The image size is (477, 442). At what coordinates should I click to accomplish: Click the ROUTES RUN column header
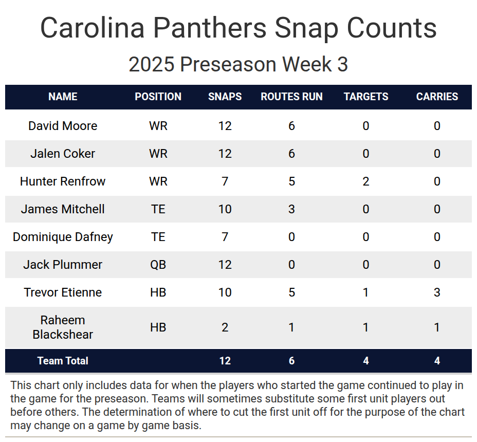[x=291, y=97]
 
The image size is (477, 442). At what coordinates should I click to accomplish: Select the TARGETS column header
[x=366, y=97]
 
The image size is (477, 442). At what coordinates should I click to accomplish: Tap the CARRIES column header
[x=437, y=97]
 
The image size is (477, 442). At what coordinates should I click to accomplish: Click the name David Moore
[x=63, y=126]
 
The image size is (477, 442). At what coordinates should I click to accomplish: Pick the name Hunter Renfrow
[x=63, y=181]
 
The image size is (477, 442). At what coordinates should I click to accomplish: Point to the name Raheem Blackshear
[x=63, y=327]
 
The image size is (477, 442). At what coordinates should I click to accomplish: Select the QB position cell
[x=158, y=265]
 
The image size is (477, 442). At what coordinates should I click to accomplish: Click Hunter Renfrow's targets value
[x=366, y=181]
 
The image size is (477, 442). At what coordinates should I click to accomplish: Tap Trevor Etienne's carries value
[x=437, y=292]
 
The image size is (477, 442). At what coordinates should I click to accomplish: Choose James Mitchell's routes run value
[x=291, y=209]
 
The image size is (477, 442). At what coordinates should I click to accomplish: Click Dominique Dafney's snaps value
[x=225, y=237]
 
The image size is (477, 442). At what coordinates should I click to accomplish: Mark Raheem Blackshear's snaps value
[x=225, y=327]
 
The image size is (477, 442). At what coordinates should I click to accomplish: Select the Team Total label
[x=63, y=361]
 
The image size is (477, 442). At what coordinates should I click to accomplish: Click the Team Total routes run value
[x=291, y=361]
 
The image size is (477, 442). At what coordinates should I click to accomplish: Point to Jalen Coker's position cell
[x=158, y=154]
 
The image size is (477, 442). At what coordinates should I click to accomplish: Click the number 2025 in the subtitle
[x=151, y=65]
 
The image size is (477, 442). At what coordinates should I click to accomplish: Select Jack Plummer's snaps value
[x=225, y=265]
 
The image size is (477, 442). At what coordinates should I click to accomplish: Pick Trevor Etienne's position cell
[x=158, y=292]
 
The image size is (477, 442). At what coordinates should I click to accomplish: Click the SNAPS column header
[x=225, y=97]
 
